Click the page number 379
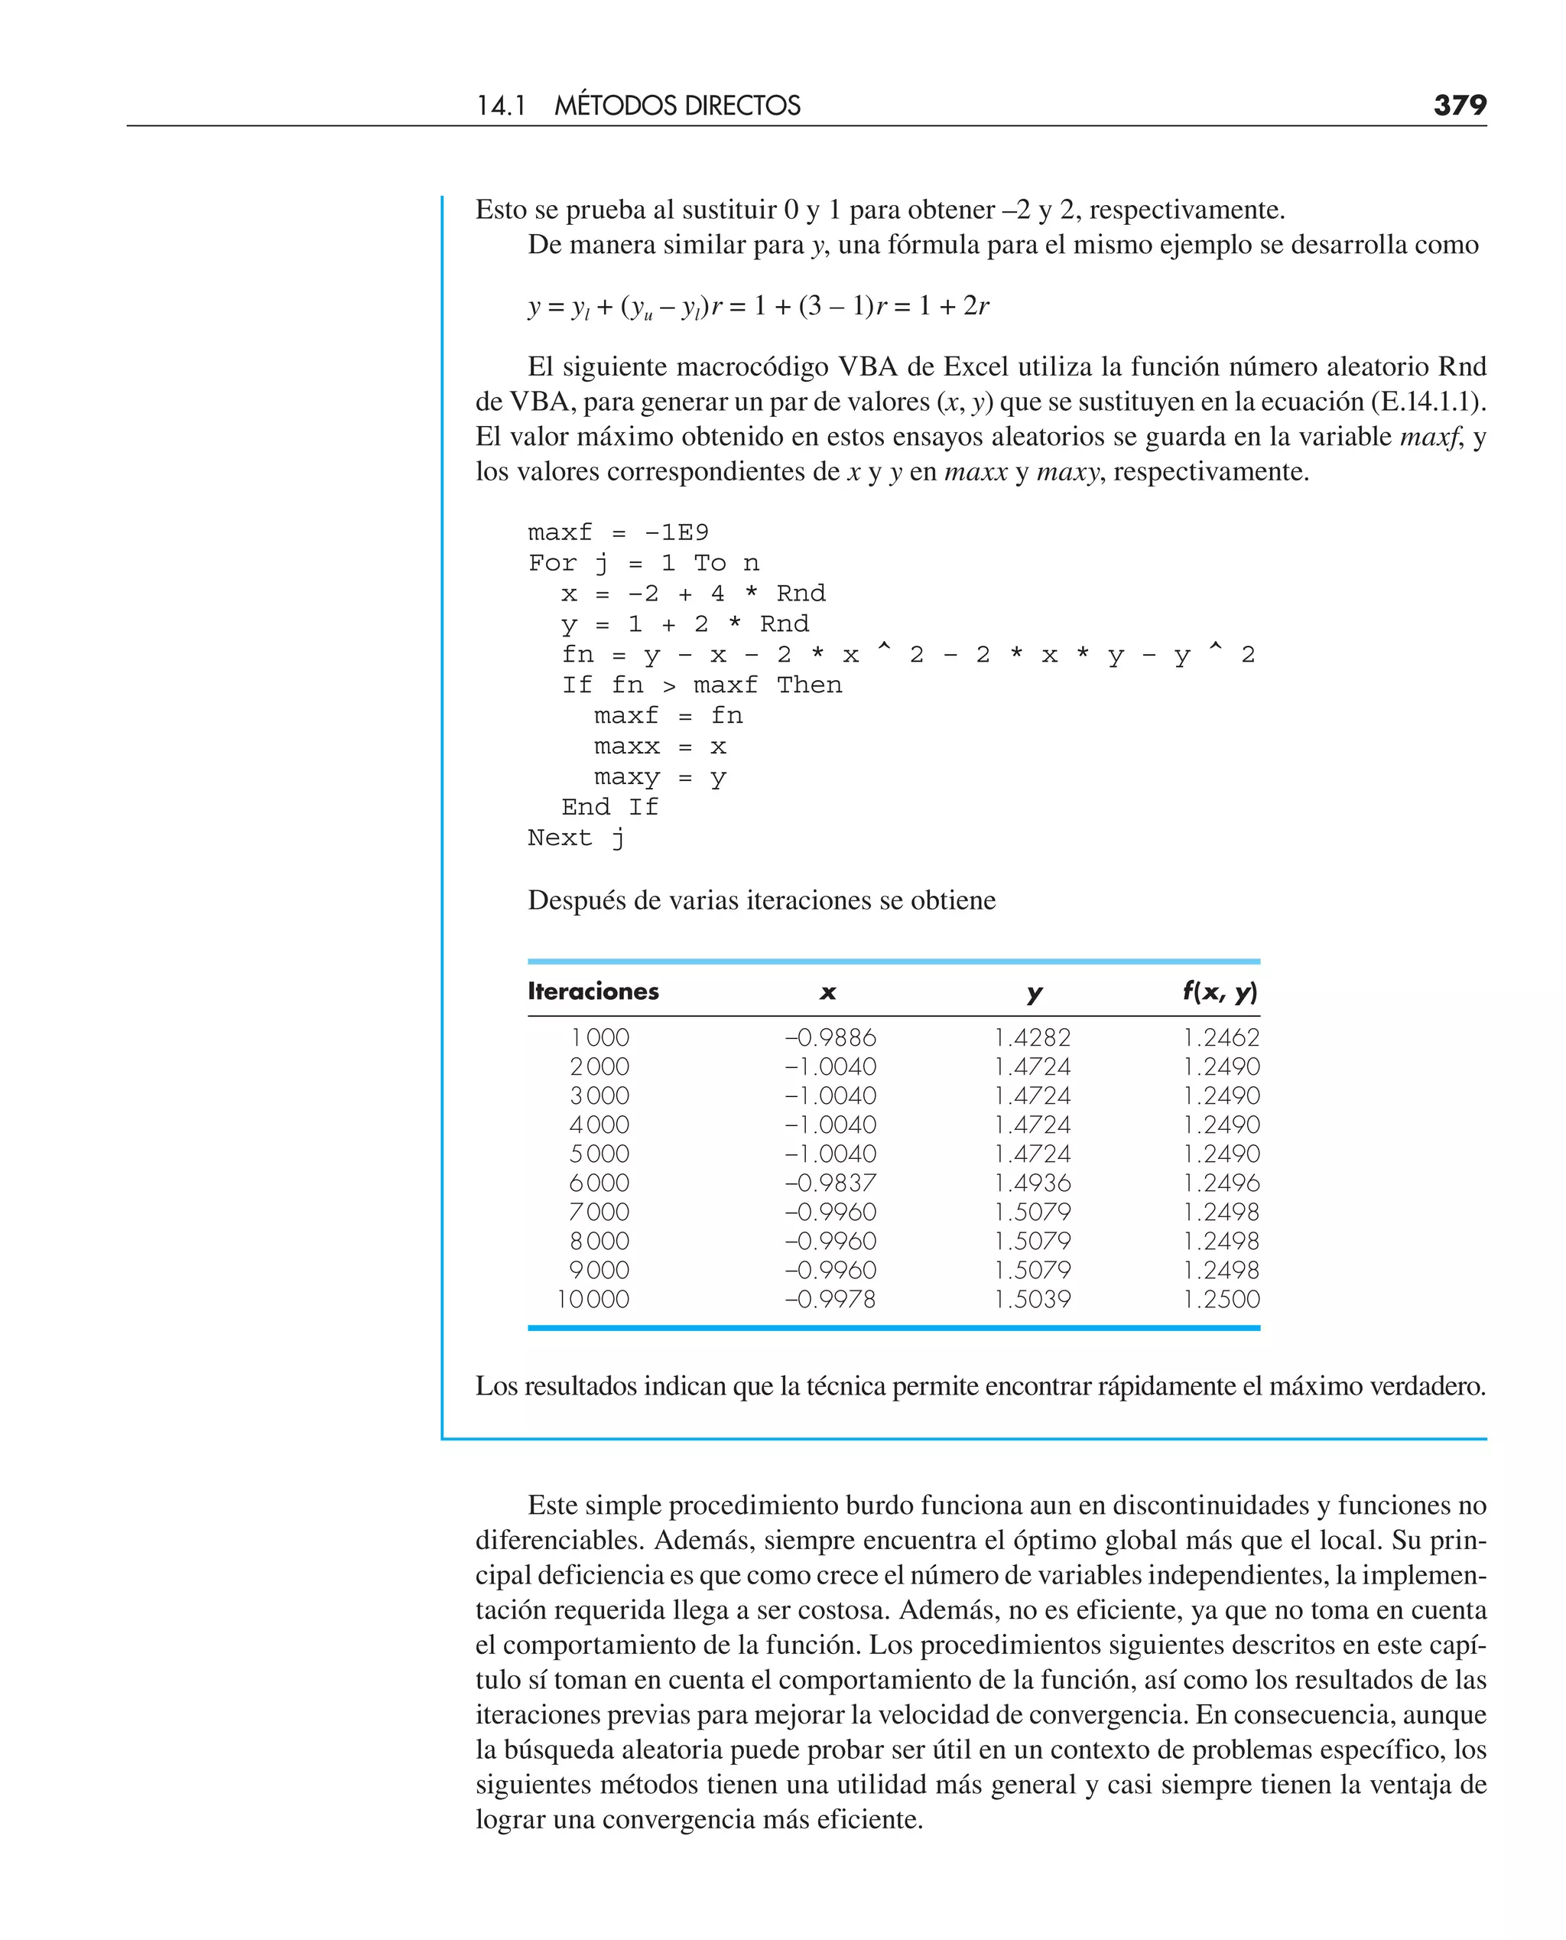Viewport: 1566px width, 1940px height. click(x=1459, y=106)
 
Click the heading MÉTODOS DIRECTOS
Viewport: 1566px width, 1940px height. click(x=677, y=106)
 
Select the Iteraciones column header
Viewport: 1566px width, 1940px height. click(x=593, y=991)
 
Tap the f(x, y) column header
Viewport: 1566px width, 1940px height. click(x=1220, y=991)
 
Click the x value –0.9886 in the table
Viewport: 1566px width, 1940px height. click(x=830, y=1037)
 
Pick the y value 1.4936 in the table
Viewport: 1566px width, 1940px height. click(x=1032, y=1183)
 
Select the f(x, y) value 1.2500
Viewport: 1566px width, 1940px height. click(x=1221, y=1300)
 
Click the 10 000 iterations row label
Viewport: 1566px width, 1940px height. click(x=593, y=1300)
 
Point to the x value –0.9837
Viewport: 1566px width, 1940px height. click(x=830, y=1183)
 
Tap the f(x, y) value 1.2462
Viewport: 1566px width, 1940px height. click(x=1221, y=1037)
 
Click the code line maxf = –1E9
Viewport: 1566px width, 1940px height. click(x=618, y=532)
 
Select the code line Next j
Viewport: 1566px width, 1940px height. click(x=576, y=838)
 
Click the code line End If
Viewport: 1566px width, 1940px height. click(x=609, y=808)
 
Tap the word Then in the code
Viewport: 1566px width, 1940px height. click(x=809, y=685)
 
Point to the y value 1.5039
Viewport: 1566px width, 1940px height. click(x=1032, y=1300)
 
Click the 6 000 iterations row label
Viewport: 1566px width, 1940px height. click(x=599, y=1183)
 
